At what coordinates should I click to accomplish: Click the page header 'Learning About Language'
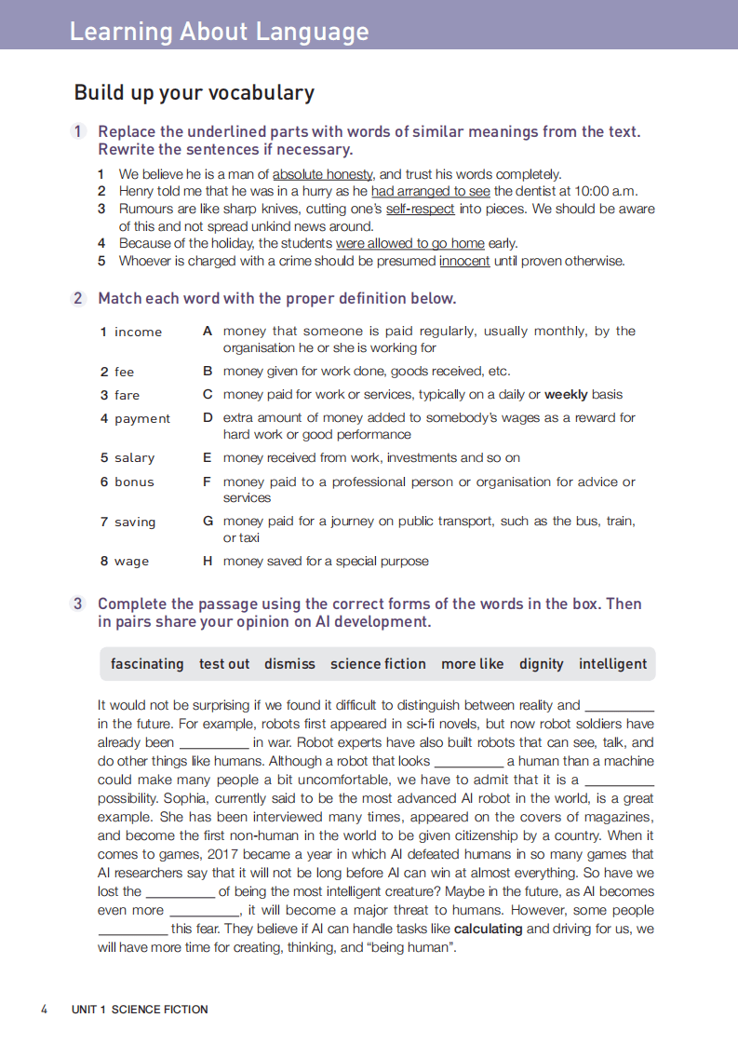(219, 32)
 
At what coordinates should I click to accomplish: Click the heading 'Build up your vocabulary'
(194, 93)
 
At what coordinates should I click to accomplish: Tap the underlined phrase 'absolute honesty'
(323, 174)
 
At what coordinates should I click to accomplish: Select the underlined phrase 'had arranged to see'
(430, 192)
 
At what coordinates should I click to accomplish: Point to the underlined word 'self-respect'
(421, 210)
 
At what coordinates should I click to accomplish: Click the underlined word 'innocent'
(464, 261)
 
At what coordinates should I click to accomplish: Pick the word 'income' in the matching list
(138, 332)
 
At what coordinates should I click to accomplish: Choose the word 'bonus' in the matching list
(134, 482)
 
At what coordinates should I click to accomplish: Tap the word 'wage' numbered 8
(131, 562)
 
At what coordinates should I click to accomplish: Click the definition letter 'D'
(208, 418)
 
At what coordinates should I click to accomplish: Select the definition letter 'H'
(208, 562)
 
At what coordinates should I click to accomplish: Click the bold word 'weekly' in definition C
(566, 395)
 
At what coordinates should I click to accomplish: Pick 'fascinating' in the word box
(147, 664)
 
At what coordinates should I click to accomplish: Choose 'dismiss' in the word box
(289, 664)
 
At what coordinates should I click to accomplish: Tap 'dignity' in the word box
(542, 664)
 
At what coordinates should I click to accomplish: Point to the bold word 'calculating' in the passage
(489, 930)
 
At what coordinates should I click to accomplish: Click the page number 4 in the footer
(44, 1010)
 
